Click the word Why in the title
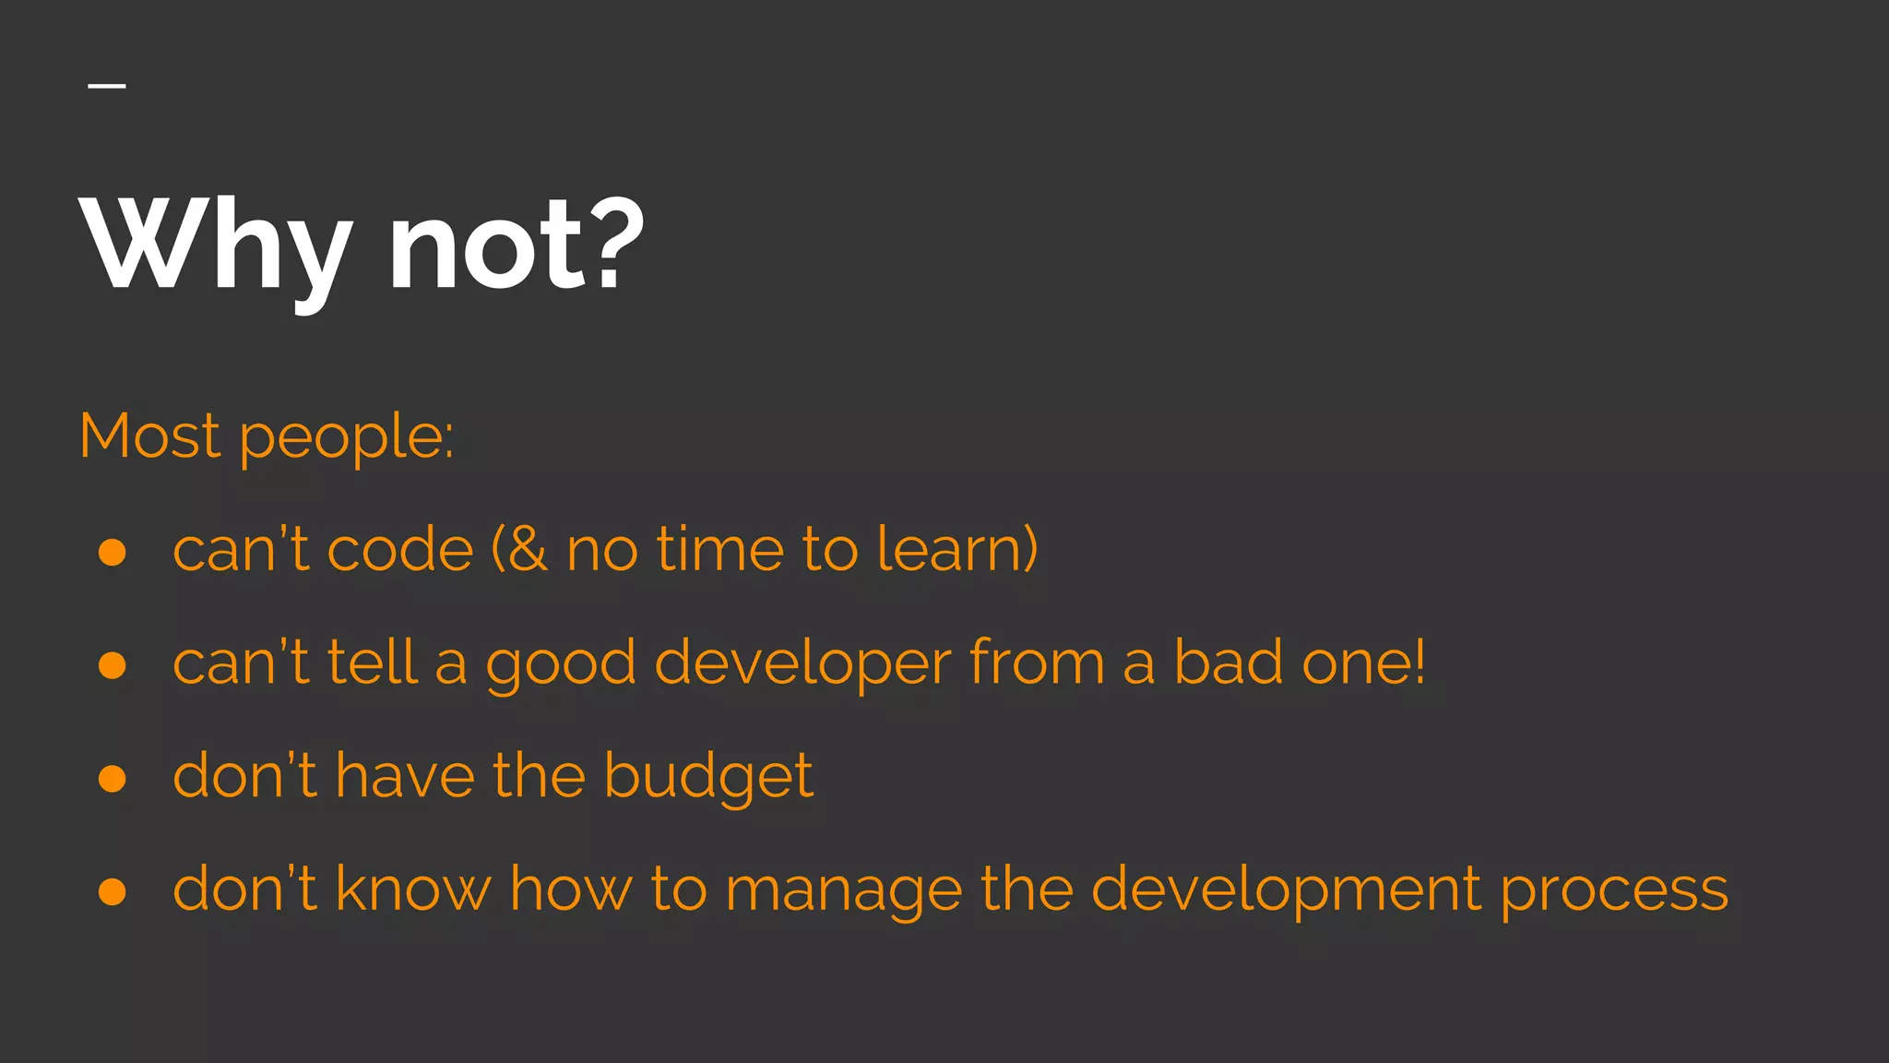pos(218,245)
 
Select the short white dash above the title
pos(107,86)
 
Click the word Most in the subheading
pos(149,436)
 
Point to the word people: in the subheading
pos(347,439)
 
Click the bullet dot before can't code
pos(113,552)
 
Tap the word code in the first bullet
pos(399,550)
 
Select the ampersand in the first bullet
pos(528,550)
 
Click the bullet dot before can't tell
pos(113,665)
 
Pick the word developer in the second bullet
pos(802,665)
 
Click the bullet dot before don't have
pos(113,779)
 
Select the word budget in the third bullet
pos(708,777)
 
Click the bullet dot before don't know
pos(113,891)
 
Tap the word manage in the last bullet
pos(843,892)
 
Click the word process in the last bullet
pos(1614,892)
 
